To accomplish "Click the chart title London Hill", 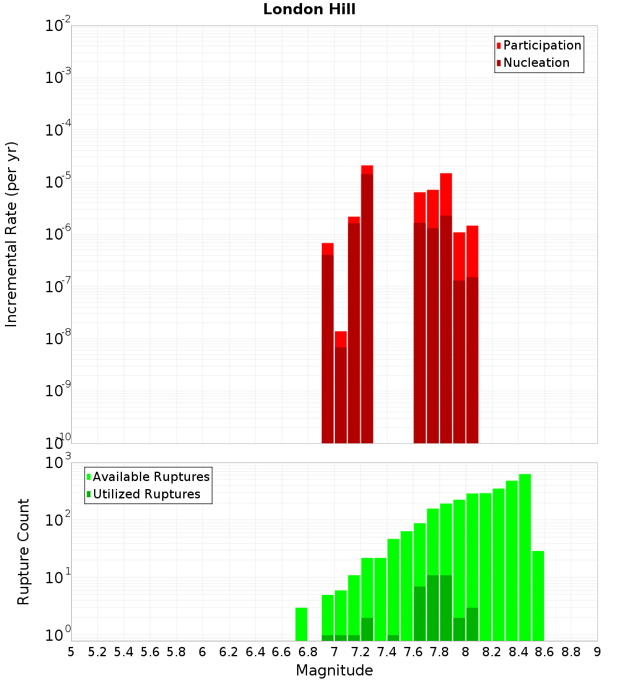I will (x=309, y=10).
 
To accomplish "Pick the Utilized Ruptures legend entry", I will (x=145, y=494).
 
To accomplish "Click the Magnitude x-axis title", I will (x=334, y=670).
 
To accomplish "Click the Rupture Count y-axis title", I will (x=24, y=551).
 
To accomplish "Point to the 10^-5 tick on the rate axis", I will (x=58, y=182).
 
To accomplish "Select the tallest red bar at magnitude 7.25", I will (x=367, y=303).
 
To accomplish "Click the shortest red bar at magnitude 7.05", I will (x=341, y=387).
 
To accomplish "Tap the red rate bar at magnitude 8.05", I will (x=472, y=334).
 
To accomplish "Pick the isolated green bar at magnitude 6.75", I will (x=301, y=624).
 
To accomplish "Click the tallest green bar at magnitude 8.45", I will (x=525, y=557).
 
